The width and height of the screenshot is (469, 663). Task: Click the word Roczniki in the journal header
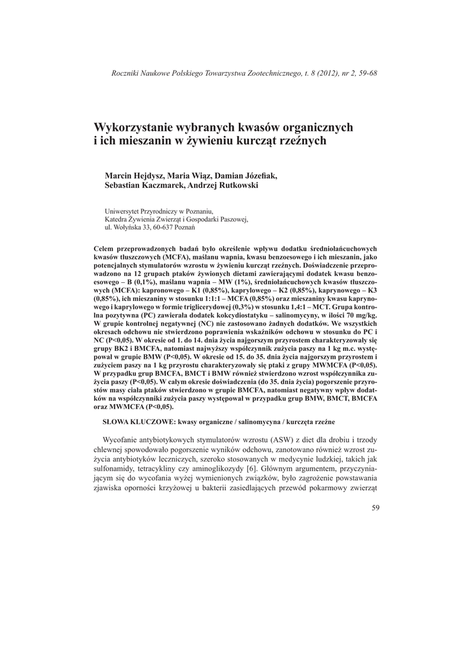tap(125, 73)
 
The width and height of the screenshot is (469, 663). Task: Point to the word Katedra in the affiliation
tap(117, 219)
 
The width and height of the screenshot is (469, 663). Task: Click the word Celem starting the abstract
tap(104, 248)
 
